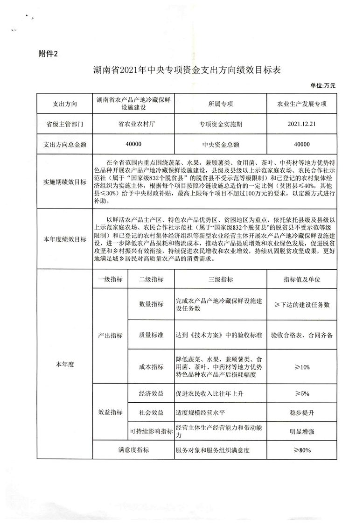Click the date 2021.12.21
(302, 125)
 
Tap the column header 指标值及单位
(302, 280)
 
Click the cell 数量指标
(151, 305)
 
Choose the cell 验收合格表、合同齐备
(302, 336)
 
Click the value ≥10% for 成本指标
(302, 367)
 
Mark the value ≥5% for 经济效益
(302, 394)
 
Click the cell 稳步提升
(302, 413)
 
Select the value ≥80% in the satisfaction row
(302, 450)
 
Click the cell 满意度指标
(133, 450)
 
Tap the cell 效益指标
(111, 413)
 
